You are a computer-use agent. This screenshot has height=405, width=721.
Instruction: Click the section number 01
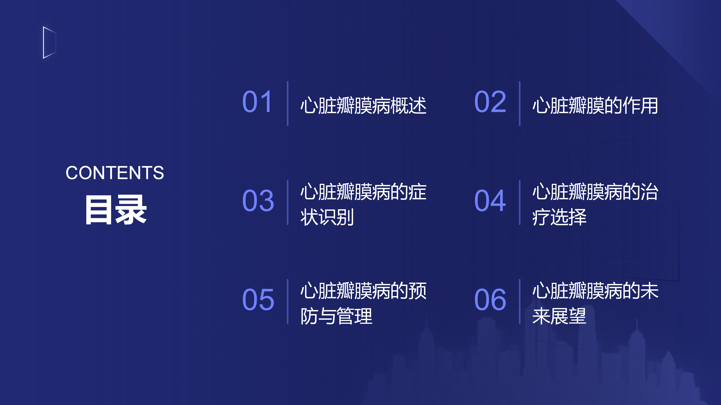click(x=258, y=102)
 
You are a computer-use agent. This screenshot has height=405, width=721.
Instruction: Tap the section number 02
click(x=490, y=102)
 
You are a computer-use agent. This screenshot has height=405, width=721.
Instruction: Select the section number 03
click(x=258, y=201)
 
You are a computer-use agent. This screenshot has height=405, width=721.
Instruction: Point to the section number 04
click(x=490, y=201)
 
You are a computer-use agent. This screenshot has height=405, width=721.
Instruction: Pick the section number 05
click(x=258, y=300)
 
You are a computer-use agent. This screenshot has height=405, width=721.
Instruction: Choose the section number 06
click(x=490, y=300)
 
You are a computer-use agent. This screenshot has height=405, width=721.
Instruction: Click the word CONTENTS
click(x=115, y=173)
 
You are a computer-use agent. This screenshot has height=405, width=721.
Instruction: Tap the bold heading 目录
click(x=116, y=210)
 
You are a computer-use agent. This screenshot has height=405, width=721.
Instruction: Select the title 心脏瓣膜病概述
click(x=363, y=106)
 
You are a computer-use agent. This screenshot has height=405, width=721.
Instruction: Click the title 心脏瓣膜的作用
click(x=595, y=106)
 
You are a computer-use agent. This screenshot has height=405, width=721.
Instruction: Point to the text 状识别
click(x=327, y=217)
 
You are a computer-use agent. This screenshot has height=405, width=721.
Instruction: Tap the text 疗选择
click(x=559, y=217)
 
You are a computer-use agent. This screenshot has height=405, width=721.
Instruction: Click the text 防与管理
click(x=336, y=316)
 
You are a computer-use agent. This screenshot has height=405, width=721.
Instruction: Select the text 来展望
click(x=559, y=316)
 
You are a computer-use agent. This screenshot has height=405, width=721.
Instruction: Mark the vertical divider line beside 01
click(x=287, y=103)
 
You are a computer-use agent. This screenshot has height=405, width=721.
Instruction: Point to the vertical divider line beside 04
click(x=520, y=202)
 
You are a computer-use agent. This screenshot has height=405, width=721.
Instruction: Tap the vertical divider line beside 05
click(x=287, y=301)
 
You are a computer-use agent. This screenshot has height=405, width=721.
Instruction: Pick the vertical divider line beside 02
click(x=520, y=103)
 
